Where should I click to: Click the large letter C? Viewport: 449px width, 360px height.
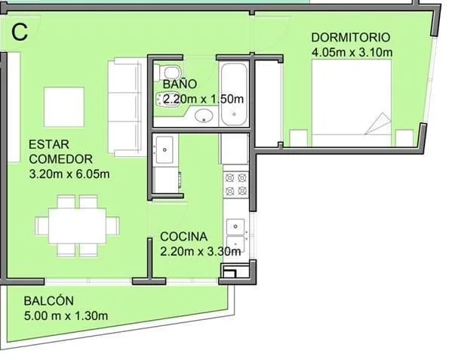(20, 32)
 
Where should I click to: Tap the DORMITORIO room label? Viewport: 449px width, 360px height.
(350, 38)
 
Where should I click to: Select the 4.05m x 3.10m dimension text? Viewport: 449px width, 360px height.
(352, 52)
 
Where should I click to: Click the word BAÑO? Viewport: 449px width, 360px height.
(180, 85)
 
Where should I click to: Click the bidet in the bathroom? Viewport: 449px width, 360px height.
(168, 100)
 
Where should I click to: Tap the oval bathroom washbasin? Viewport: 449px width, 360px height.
(204, 115)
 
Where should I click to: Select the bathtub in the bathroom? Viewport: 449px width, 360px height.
(234, 94)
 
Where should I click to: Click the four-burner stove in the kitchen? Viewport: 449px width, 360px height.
(235, 184)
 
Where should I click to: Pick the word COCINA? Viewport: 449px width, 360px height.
(183, 237)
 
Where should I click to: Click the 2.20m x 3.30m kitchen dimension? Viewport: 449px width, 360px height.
(200, 251)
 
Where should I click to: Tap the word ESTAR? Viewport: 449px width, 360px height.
(49, 144)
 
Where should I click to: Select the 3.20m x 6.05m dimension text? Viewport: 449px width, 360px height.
(69, 174)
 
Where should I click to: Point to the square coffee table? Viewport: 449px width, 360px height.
(64, 107)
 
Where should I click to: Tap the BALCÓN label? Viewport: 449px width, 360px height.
(49, 300)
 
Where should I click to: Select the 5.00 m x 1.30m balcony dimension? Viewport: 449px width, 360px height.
(66, 316)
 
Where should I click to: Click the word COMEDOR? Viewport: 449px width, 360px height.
(60, 159)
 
